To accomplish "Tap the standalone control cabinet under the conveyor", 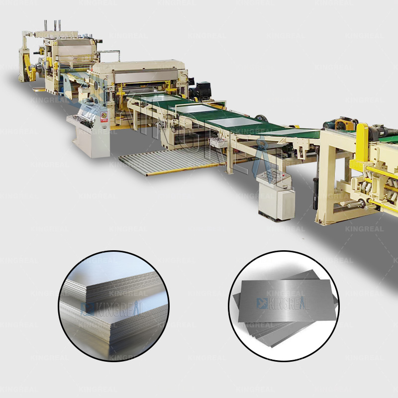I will click(275, 194).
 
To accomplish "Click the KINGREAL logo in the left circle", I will click(112, 309).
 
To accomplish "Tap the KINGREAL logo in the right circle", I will click(283, 302).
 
